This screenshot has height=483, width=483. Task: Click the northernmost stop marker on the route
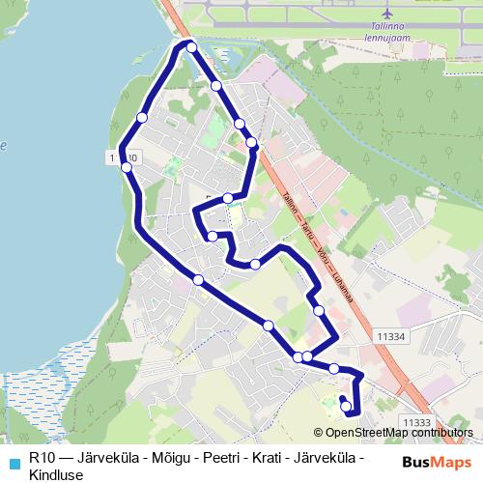(x=191, y=47)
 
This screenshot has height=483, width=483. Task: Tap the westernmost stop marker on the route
(x=126, y=167)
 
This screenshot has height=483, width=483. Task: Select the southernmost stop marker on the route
(x=347, y=408)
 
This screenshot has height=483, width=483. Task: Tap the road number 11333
(x=416, y=422)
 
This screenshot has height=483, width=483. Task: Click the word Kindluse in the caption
(x=57, y=474)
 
